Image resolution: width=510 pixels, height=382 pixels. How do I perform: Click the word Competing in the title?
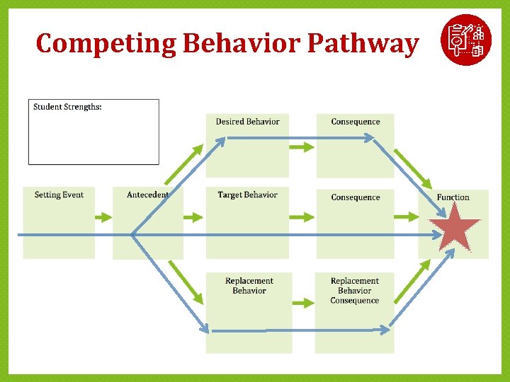[106, 44]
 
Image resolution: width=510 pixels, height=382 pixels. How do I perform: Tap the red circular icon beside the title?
[465, 39]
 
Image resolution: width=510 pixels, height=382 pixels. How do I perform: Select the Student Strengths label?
[67, 107]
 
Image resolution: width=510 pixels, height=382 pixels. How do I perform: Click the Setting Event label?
[59, 195]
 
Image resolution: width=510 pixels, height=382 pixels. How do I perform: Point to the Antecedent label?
[147, 195]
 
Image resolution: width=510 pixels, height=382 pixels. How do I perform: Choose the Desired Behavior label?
[247, 122]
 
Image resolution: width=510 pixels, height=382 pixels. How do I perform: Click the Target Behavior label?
[247, 195]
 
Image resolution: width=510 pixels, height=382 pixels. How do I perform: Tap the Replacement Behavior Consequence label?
[354, 291]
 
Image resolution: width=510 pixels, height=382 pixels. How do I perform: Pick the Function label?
[453, 197]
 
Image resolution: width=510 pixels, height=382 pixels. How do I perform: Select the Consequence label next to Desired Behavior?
[355, 122]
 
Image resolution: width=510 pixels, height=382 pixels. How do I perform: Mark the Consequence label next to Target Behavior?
[355, 197]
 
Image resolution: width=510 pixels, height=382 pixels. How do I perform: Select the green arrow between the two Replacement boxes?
[302, 303]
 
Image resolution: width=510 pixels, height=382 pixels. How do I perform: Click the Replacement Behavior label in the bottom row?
[249, 286]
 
